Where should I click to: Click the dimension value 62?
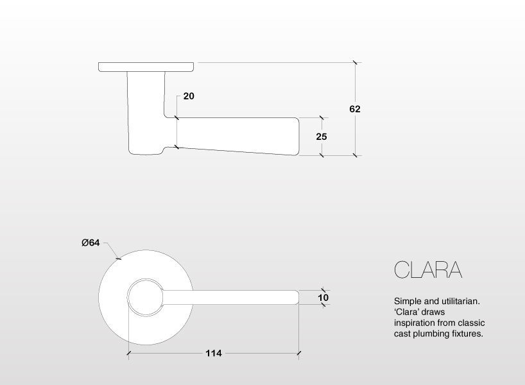(x=355, y=109)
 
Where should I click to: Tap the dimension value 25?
(x=322, y=137)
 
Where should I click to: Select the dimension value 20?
(x=189, y=96)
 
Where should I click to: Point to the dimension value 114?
(x=214, y=353)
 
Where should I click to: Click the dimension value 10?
(x=323, y=298)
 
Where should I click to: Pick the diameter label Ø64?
(x=90, y=243)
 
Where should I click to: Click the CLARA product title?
(x=427, y=269)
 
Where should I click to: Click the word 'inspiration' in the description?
(x=415, y=323)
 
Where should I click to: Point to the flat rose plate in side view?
(x=146, y=66)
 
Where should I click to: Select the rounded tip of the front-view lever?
(x=297, y=297)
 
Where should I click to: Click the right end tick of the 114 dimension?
(x=299, y=353)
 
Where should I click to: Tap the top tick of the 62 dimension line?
(x=355, y=62)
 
